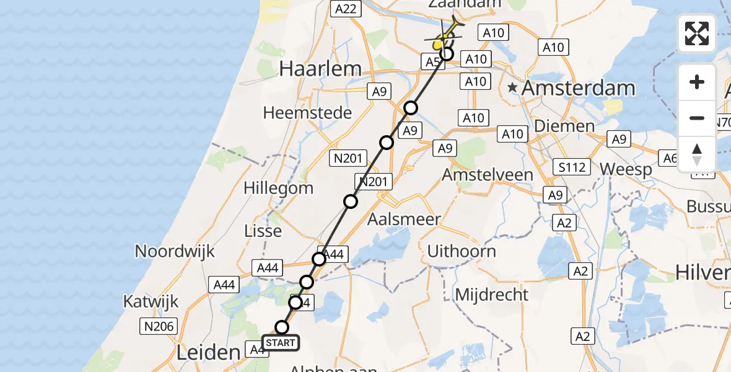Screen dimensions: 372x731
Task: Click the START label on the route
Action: click(281, 343)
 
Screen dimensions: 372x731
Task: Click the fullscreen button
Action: click(697, 33)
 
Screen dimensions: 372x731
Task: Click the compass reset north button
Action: click(697, 154)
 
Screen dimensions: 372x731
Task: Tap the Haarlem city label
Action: click(320, 69)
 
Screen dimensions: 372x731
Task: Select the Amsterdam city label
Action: click(578, 88)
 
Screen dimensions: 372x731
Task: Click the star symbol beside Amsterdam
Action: click(512, 88)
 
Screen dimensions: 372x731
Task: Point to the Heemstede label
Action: click(307, 113)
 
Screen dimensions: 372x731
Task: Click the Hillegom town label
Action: click(278, 188)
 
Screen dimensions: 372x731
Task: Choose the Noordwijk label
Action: click(175, 251)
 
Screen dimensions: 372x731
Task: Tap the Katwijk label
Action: click(151, 302)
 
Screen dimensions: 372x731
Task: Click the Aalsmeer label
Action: click(404, 219)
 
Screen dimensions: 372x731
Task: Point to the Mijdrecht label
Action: click(492, 294)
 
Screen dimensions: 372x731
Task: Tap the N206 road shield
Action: click(159, 326)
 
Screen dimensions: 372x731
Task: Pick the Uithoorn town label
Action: click(462, 251)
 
